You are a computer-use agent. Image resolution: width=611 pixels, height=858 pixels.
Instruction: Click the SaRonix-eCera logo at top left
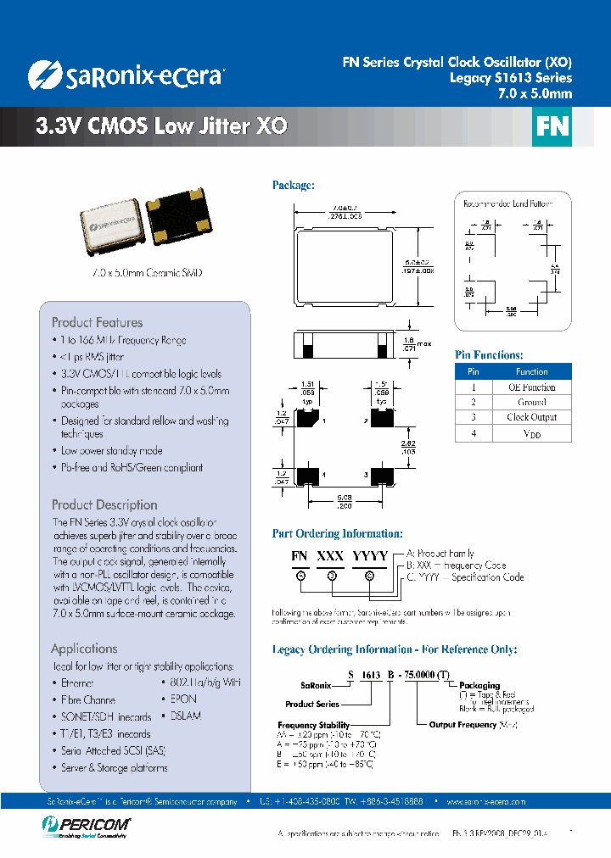click(x=125, y=75)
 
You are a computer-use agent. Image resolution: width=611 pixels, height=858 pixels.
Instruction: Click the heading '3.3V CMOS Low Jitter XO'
click(x=161, y=127)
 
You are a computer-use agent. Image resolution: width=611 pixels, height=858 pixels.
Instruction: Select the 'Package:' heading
click(x=294, y=185)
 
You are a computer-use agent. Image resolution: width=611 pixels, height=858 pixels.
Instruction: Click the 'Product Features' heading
click(x=97, y=322)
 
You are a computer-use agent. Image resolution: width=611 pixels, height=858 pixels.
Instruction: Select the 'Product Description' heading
click(x=104, y=504)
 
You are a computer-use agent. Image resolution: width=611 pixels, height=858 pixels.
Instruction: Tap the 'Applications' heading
click(x=84, y=649)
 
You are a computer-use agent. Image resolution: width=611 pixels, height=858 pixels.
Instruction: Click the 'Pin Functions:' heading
click(x=489, y=355)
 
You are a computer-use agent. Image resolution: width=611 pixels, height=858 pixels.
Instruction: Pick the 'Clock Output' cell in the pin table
click(x=531, y=417)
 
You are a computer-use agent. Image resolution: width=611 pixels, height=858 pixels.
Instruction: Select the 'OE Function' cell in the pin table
click(x=531, y=387)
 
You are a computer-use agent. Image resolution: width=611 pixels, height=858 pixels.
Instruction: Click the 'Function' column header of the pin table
click(x=531, y=371)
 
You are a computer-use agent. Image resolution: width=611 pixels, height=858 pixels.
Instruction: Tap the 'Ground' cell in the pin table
click(x=531, y=402)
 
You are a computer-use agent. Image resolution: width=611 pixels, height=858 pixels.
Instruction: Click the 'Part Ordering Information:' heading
click(x=337, y=533)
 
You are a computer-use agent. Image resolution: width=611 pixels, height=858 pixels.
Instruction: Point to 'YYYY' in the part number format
click(x=370, y=556)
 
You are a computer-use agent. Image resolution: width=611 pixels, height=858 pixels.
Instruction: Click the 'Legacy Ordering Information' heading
click(x=394, y=649)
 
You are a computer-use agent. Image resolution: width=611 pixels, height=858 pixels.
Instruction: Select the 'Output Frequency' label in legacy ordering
click(x=462, y=725)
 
